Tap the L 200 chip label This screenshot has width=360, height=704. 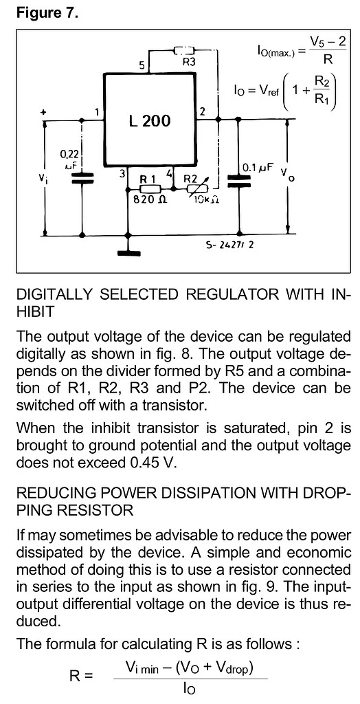pyautogui.click(x=149, y=122)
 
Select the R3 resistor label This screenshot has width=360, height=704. pyautogui.click(x=189, y=62)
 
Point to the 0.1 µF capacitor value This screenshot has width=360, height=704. pyautogui.click(x=258, y=167)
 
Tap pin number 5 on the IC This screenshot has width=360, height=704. pyautogui.click(x=142, y=66)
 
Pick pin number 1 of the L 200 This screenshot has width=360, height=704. pyautogui.click(x=98, y=111)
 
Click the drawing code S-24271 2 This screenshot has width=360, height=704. pyautogui.click(x=230, y=244)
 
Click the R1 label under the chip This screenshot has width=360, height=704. pyautogui.click(x=148, y=178)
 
